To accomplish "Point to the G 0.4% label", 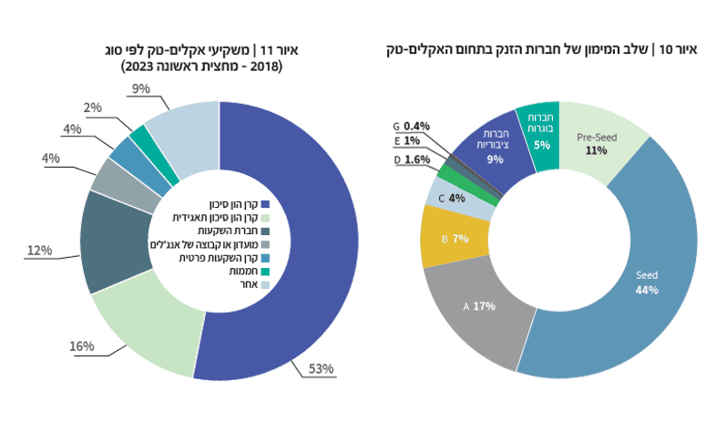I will pos(411,126).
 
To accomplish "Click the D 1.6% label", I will pos(412,160).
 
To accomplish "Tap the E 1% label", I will pos(406,141).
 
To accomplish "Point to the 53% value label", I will pos(322,369).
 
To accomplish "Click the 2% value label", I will pos(92,108).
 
